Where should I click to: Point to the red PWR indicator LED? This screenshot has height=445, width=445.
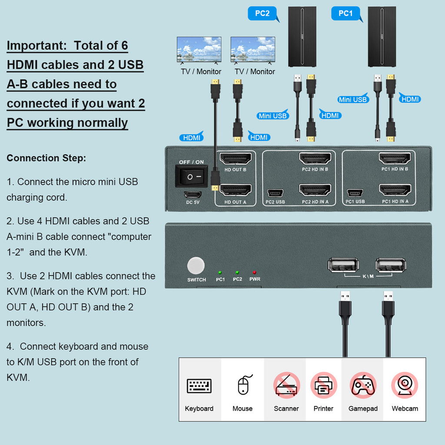coord(254,272)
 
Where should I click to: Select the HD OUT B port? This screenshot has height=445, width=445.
coord(235,158)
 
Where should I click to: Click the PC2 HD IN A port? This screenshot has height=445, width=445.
coord(315,190)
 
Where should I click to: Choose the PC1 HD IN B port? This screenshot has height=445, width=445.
coord(395,158)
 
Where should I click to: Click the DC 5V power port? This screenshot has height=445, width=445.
coord(192,194)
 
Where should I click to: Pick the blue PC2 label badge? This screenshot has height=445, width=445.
coord(262,13)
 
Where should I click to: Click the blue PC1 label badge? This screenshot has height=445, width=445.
coord(345,13)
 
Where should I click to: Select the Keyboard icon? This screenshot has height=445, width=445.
coord(199,386)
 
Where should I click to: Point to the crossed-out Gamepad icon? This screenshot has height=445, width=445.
coord(363,385)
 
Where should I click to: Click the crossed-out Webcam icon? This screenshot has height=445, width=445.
coord(405,385)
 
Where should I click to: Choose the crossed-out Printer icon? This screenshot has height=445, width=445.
coord(323,385)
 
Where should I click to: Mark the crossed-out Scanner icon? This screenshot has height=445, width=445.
coord(286,385)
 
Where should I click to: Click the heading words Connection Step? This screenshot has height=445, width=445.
coord(46,158)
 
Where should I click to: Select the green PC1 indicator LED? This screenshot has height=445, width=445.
coord(220,272)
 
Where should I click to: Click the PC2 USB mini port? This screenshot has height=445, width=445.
coord(275,193)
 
